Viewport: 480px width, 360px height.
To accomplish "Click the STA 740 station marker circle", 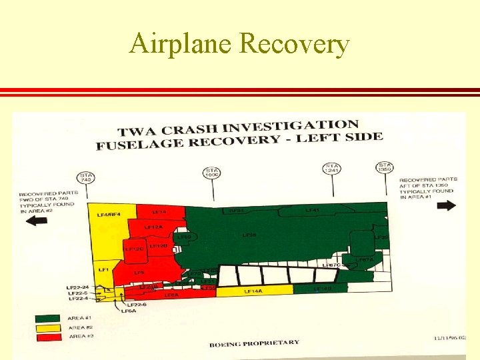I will (x=87, y=178).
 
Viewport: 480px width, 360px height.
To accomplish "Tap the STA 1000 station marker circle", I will (x=212, y=173).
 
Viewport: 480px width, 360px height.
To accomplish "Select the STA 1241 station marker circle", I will (x=331, y=169).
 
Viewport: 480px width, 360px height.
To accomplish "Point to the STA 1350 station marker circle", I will (x=385, y=167).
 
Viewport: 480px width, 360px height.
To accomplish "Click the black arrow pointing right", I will (x=447, y=205).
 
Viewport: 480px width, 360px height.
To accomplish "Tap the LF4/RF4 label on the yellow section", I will (x=107, y=215).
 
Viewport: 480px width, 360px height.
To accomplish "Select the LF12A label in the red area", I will (x=154, y=227).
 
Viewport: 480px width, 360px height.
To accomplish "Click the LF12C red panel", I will (x=135, y=249).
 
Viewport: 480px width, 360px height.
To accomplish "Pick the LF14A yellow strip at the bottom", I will (x=253, y=291).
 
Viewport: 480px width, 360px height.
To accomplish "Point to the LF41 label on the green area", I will (x=312, y=210).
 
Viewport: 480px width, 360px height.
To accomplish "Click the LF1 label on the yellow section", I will (x=103, y=269).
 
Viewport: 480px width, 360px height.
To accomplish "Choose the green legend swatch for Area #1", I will (x=49, y=319).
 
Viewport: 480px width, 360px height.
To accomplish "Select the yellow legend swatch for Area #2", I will (x=49, y=328).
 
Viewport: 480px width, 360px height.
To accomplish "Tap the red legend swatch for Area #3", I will (x=49, y=337).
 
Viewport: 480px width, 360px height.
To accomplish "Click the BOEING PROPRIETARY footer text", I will (x=254, y=343).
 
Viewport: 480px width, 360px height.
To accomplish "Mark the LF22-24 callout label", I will (x=77, y=287).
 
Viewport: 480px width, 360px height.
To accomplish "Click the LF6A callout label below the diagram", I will (x=127, y=311).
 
